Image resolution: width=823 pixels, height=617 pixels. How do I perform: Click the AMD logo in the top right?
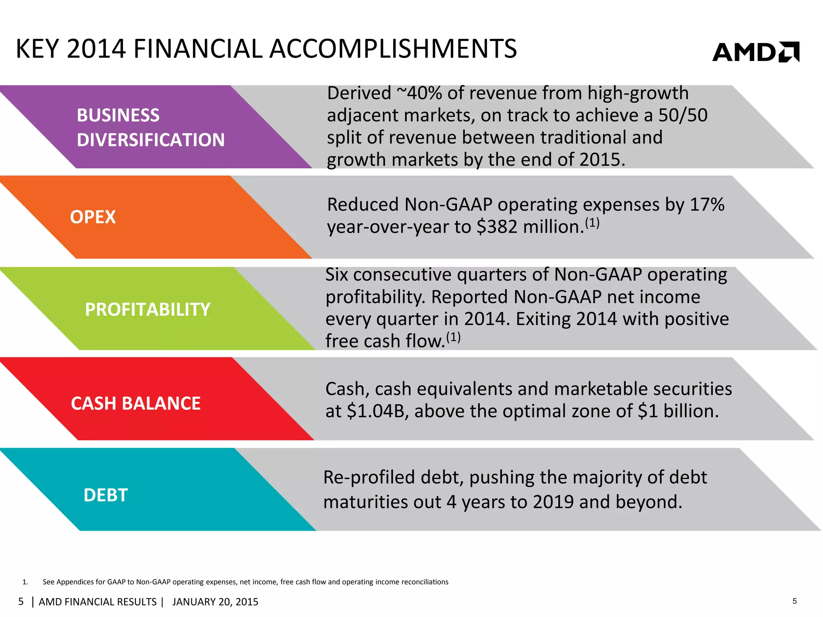[755, 52]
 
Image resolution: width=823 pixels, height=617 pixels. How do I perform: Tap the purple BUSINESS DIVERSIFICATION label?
[150, 127]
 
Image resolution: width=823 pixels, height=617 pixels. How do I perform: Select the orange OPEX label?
[93, 217]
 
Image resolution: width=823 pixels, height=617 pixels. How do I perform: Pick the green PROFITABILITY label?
[147, 309]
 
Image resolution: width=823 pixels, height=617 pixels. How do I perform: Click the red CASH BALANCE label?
[135, 403]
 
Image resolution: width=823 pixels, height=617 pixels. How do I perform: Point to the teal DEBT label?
[105, 495]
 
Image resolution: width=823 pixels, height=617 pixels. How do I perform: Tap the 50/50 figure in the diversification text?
[683, 115]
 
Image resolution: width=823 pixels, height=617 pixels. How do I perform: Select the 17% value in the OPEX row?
[707, 204]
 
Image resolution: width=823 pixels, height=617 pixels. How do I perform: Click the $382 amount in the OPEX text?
[497, 227]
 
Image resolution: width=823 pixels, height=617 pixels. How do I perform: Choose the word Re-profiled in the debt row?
[369, 477]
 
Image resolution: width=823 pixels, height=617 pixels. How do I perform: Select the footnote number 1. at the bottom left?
[25, 582]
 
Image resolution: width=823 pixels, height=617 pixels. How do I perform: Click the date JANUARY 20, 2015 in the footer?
[215, 602]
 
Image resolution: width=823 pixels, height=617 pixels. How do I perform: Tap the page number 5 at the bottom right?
[794, 601]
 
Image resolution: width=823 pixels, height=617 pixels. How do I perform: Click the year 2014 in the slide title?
[96, 49]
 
